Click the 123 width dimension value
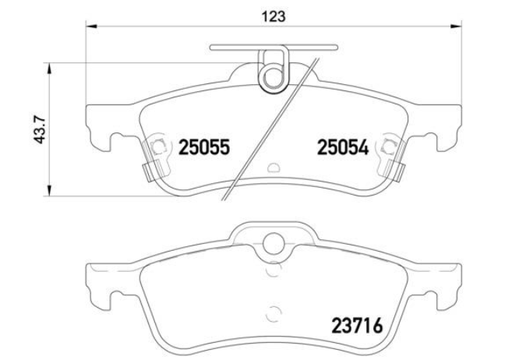click(273, 16)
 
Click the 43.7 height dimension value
click(41, 130)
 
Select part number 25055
click(204, 147)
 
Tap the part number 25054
click(343, 147)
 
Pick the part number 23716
click(357, 326)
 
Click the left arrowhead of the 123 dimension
click(91, 26)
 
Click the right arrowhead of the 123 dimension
click(455, 26)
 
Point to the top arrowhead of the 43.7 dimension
click(49, 69)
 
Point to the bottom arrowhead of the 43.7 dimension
click(49, 190)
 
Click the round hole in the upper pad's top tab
click(273, 77)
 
